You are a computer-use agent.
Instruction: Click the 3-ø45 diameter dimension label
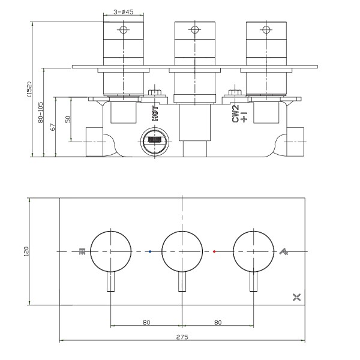pyautogui.click(x=123, y=12)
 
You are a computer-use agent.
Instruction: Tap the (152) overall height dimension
pyautogui.click(x=29, y=89)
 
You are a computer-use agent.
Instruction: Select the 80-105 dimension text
pyautogui.click(x=40, y=113)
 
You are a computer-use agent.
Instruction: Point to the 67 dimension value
pyautogui.click(x=53, y=127)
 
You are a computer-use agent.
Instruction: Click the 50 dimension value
pyautogui.click(x=68, y=119)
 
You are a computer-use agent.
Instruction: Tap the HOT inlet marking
pyautogui.click(x=155, y=113)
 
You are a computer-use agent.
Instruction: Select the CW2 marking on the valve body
pyautogui.click(x=236, y=113)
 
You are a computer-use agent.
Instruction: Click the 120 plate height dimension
pyautogui.click(x=26, y=251)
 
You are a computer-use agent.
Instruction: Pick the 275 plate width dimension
pyautogui.click(x=182, y=337)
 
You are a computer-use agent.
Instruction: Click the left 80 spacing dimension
pyautogui.click(x=146, y=322)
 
